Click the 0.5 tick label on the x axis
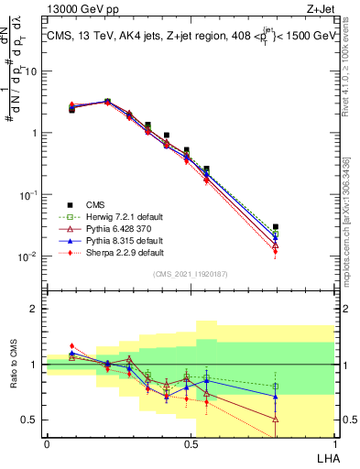pos(191,444)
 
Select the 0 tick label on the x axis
pos(47,444)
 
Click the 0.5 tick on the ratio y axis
pos(33,420)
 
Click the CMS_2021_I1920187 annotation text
pos(190,274)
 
